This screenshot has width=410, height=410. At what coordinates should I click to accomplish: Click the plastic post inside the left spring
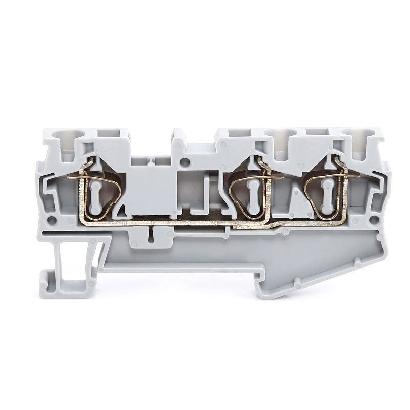point(96,197)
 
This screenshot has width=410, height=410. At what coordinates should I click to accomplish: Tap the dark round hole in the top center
point(185,163)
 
